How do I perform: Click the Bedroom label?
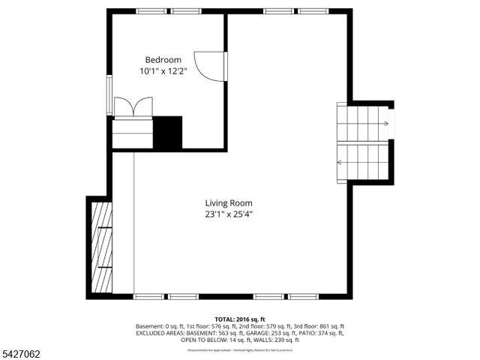163,60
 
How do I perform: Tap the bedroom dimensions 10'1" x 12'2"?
163,71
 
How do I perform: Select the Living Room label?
229,202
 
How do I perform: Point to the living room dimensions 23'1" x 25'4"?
229,214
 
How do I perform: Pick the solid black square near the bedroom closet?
168,132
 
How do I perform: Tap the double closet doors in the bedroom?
133,106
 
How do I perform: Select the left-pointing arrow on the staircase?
340,161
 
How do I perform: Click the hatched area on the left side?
100,248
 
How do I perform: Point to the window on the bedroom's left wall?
110,94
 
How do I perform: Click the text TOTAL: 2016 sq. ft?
240,319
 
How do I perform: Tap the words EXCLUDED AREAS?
160,333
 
